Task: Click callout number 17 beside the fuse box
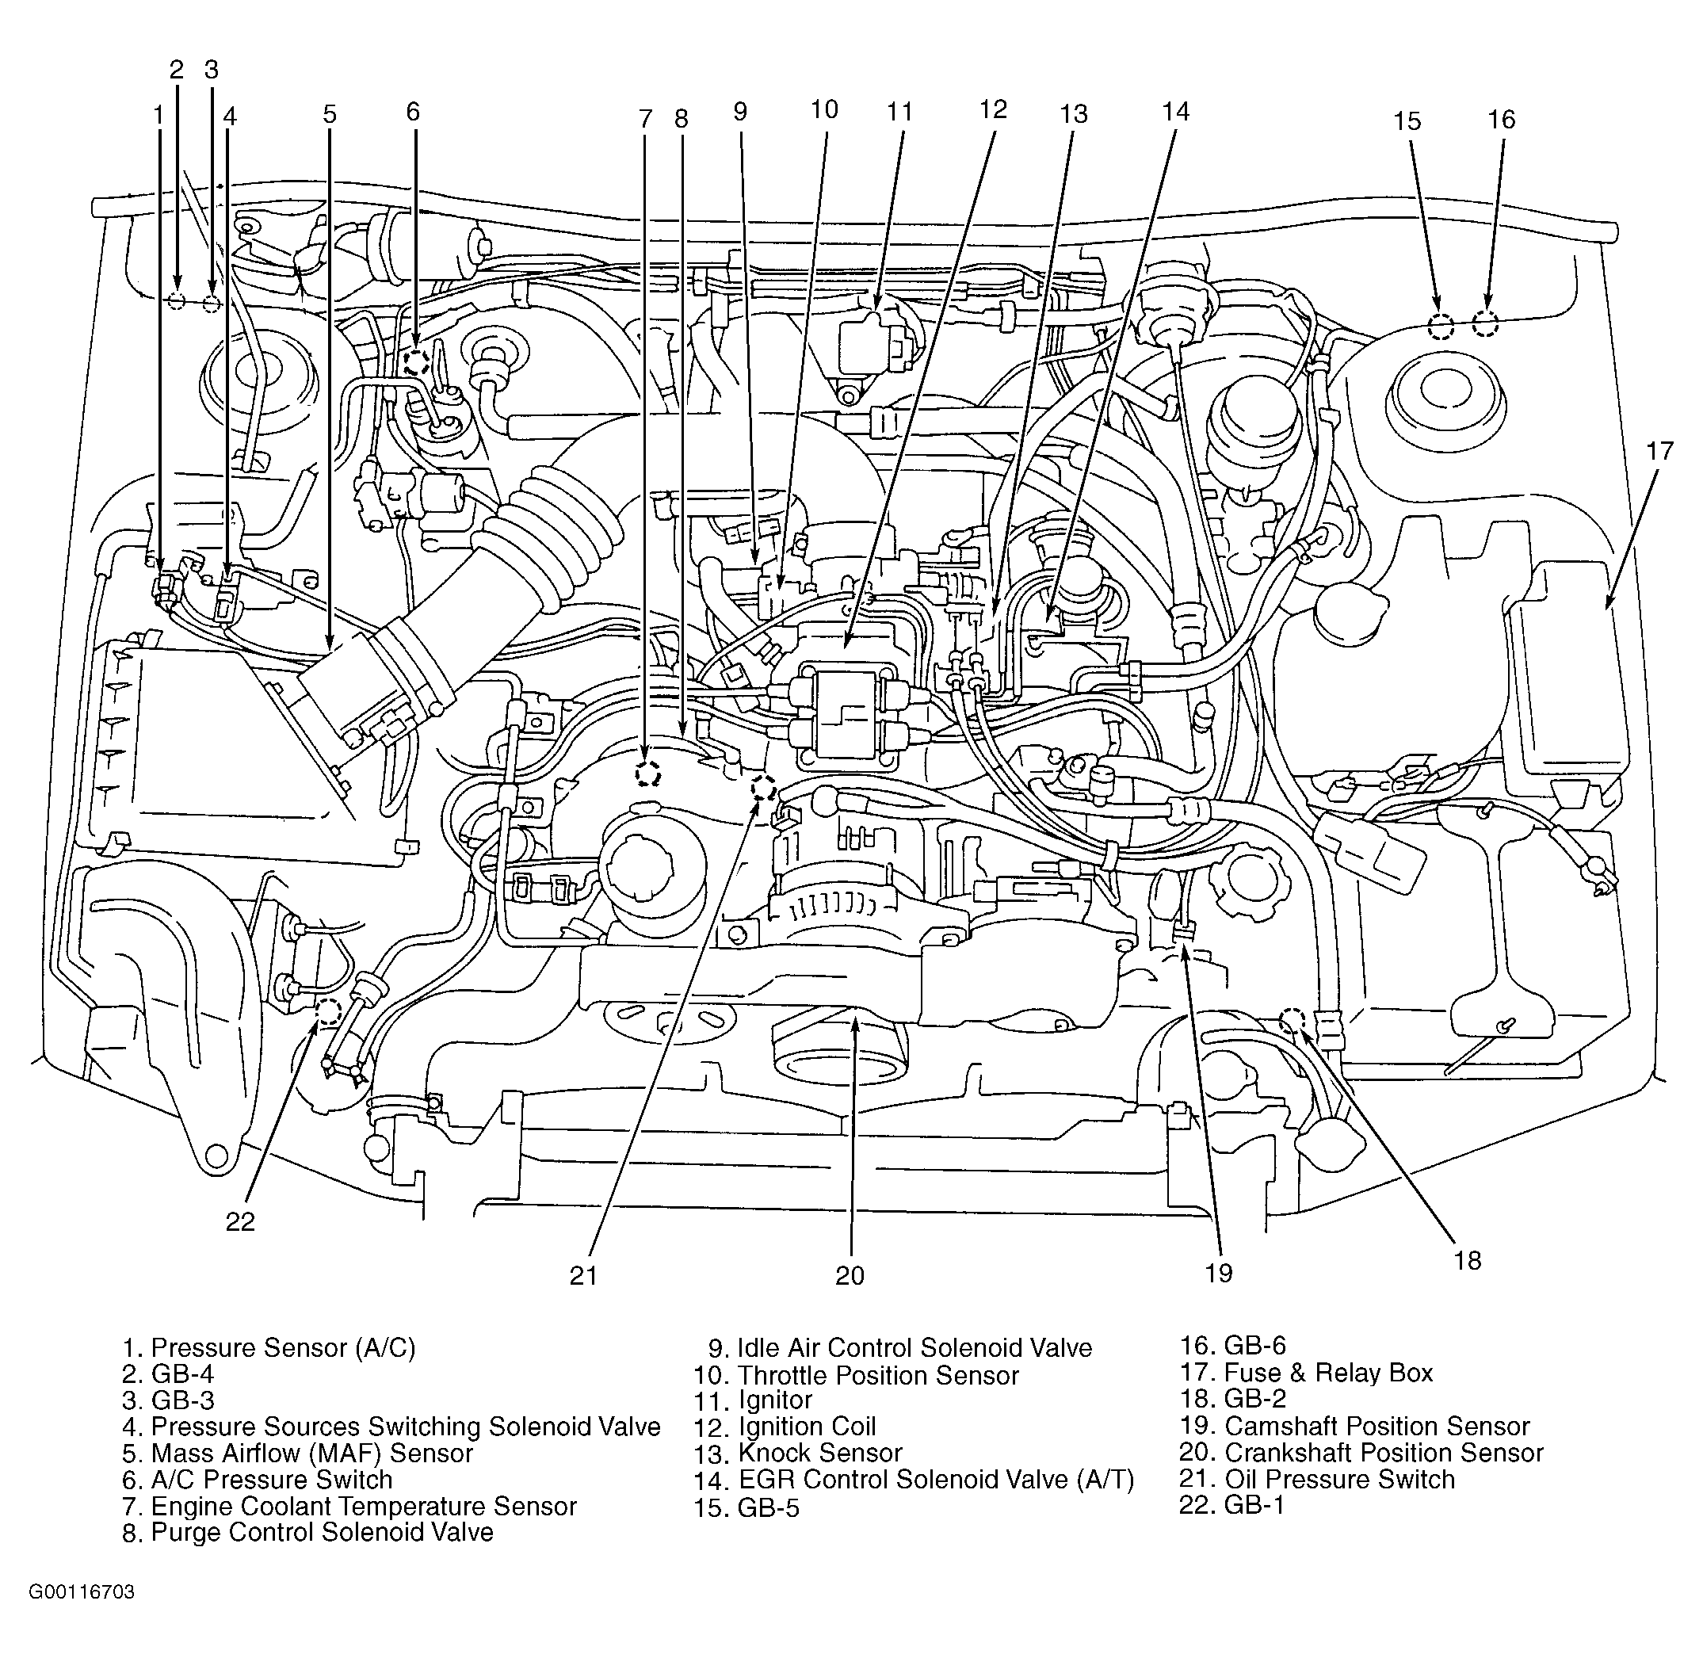1659,451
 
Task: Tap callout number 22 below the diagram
240,1222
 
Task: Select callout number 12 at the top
992,109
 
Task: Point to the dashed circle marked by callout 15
1441,327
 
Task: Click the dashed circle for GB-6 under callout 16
1484,324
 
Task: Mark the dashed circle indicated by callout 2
177,302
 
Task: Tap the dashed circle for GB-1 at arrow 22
328,1011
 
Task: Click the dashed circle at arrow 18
1292,1019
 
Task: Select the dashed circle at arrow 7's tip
647,774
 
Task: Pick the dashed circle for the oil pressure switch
764,789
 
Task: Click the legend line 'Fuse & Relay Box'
1306,1373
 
